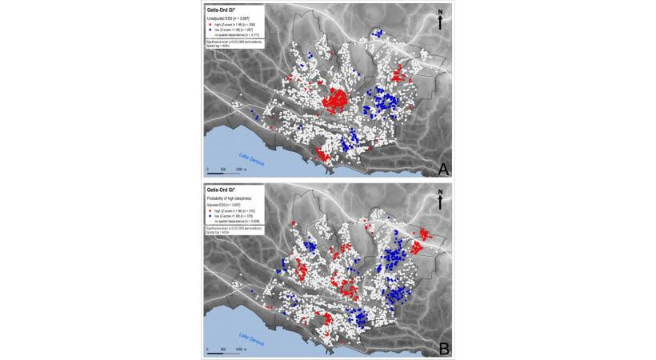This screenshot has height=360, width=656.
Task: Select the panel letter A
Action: point(442,168)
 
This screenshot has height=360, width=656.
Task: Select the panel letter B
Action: point(442,347)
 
